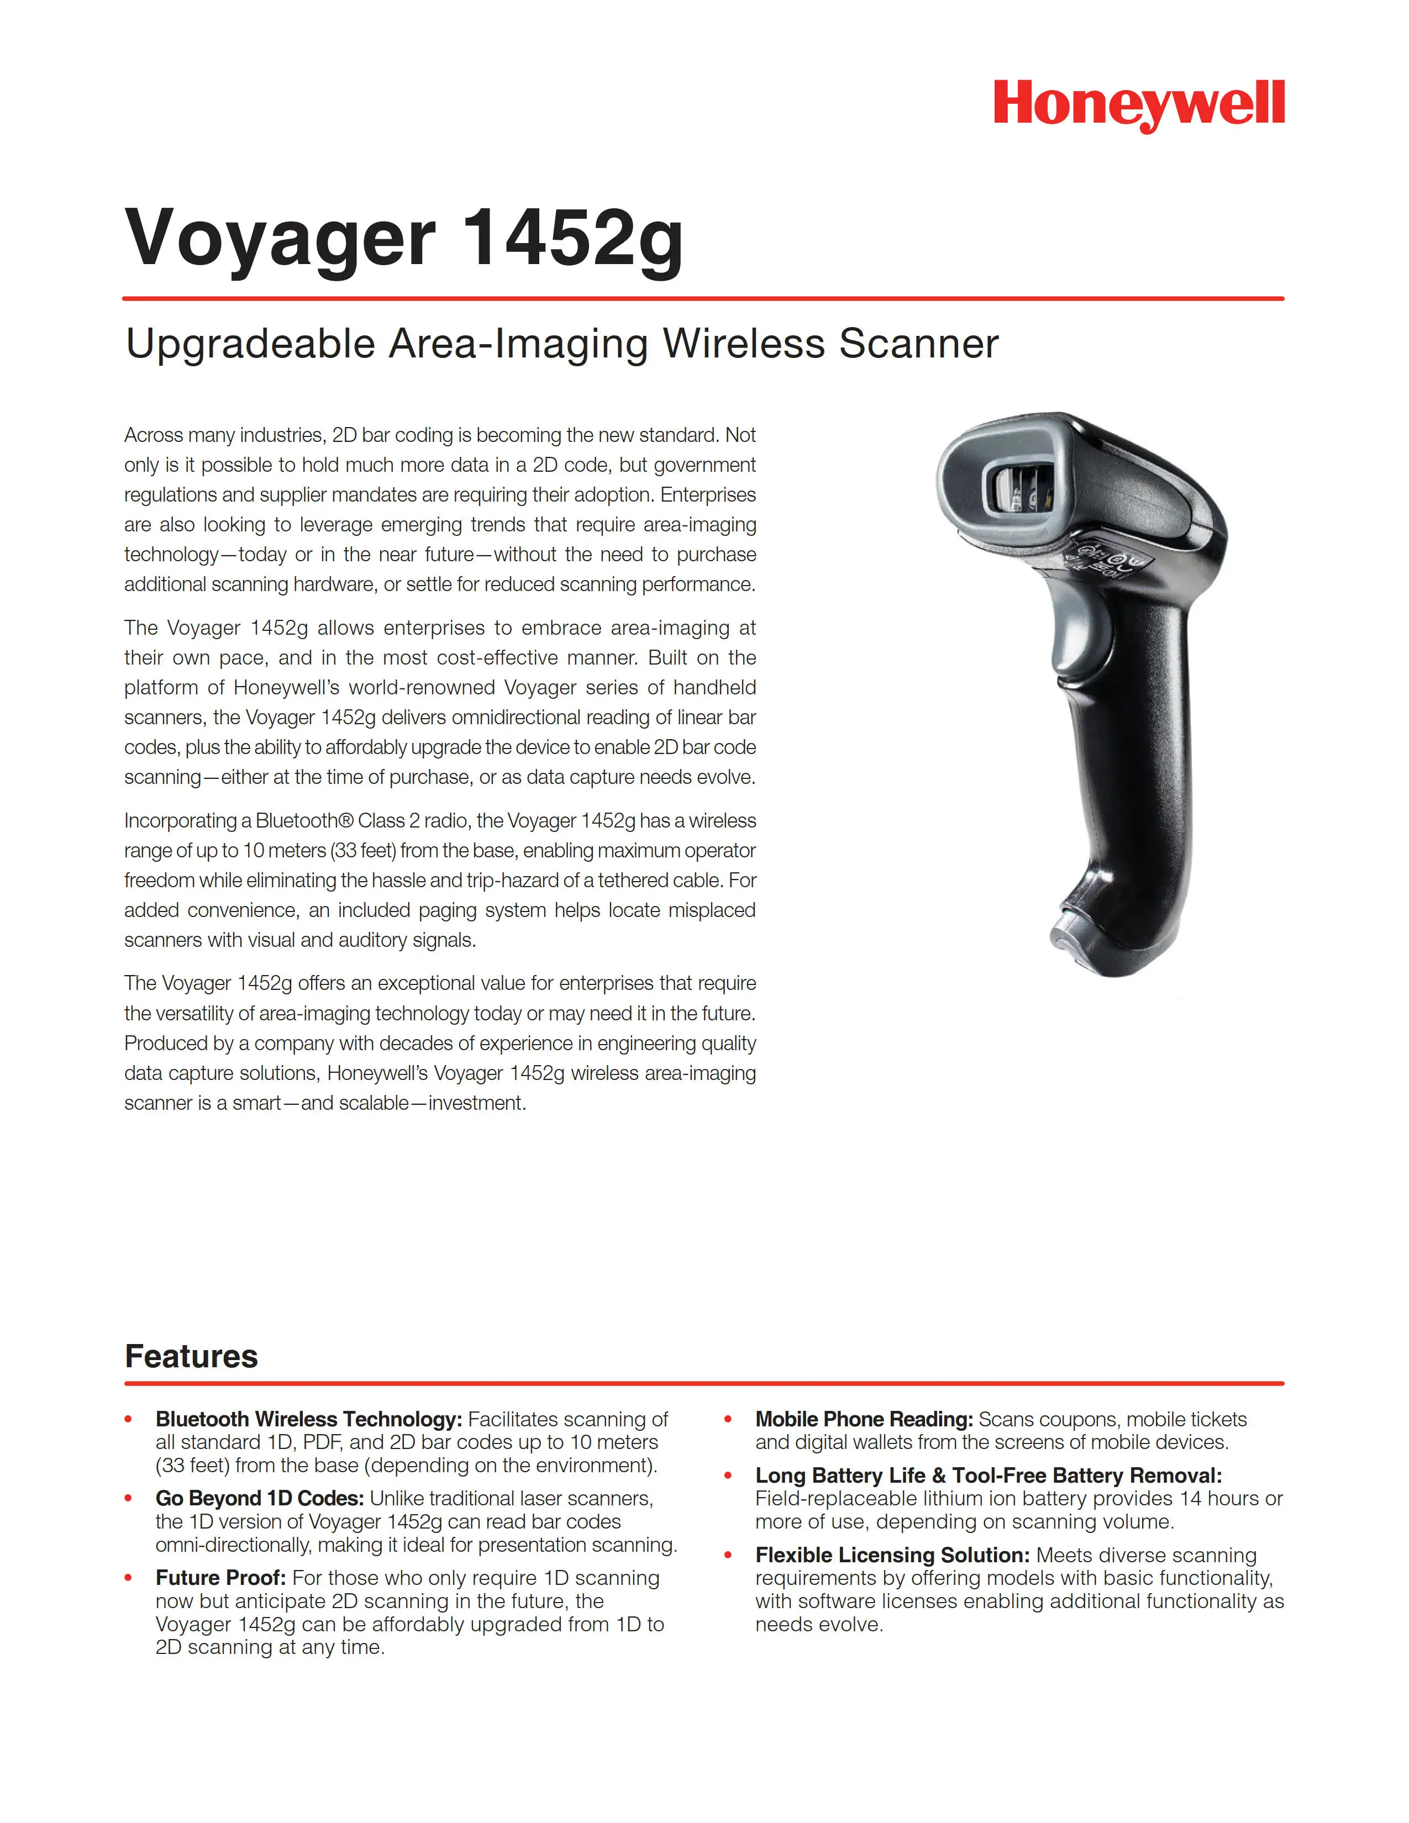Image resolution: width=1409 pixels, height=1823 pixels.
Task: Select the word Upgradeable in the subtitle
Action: [250, 344]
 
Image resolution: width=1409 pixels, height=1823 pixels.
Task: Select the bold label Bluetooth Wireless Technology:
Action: [308, 1419]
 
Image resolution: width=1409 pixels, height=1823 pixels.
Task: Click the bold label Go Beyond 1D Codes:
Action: [260, 1498]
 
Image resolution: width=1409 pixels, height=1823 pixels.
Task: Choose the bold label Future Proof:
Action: [220, 1578]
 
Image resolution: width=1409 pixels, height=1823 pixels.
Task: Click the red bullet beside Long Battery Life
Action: [728, 1476]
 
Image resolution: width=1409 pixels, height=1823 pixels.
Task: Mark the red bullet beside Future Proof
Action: [129, 1578]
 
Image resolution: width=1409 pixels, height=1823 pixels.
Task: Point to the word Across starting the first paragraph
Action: [153, 435]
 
